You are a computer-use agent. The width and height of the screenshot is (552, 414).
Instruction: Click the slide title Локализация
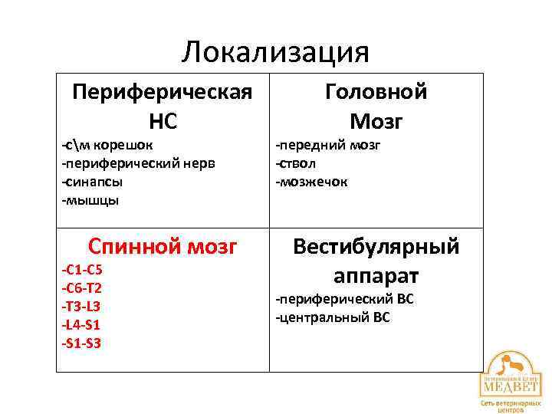pyautogui.click(x=276, y=52)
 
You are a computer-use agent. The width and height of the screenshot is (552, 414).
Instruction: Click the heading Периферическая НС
pyautogui.click(x=162, y=107)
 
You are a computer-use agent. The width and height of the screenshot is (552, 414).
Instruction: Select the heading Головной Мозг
pyautogui.click(x=376, y=107)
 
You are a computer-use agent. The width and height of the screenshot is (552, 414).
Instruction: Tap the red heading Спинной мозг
pyautogui.click(x=163, y=246)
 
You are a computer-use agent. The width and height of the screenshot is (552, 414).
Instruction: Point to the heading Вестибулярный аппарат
pyautogui.click(x=376, y=260)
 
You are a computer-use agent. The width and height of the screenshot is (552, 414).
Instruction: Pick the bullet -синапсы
pyautogui.click(x=92, y=182)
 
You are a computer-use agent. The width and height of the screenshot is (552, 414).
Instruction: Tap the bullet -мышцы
pyautogui.click(x=90, y=200)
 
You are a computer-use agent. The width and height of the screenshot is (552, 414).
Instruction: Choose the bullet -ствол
pyautogui.click(x=296, y=163)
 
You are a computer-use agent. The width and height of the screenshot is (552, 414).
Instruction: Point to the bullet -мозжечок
pyautogui.click(x=312, y=182)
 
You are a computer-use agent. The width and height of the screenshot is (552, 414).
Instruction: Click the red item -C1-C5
pyautogui.click(x=81, y=270)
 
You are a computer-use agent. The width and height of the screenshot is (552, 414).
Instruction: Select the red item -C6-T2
pyautogui.click(x=81, y=288)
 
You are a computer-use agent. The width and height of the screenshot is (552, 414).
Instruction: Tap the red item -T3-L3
pyautogui.click(x=80, y=306)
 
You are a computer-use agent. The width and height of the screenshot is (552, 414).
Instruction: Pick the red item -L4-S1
pyautogui.click(x=80, y=324)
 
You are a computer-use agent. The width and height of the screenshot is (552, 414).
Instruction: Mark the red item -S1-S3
pyautogui.click(x=80, y=343)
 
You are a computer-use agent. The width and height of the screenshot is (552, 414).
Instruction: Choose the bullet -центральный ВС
pyautogui.click(x=333, y=317)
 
